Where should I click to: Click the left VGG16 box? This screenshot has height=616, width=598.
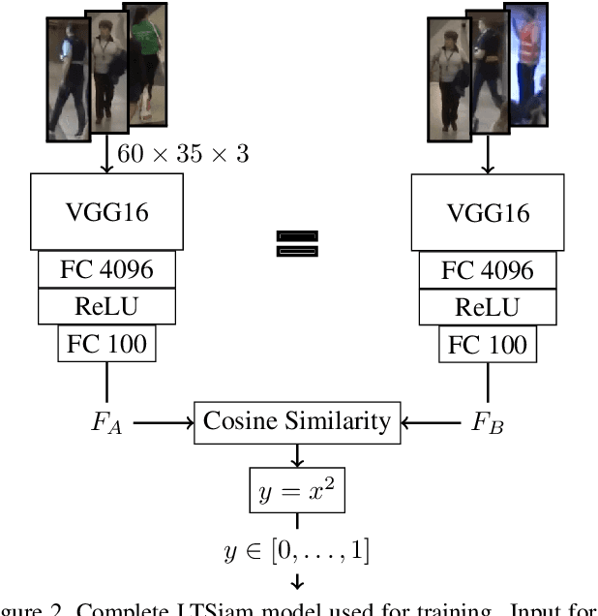pyautogui.click(x=106, y=211)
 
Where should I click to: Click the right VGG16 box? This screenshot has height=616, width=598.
pyautogui.click(x=487, y=211)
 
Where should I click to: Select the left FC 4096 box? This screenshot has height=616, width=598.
pyautogui.click(x=106, y=268)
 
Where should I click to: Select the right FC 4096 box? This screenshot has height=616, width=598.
pyautogui.click(x=487, y=268)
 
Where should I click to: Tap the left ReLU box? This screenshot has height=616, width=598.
pyautogui.click(x=106, y=307)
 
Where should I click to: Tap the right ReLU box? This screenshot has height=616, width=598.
pyautogui.click(x=487, y=307)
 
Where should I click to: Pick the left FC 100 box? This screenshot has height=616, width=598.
pyautogui.click(x=106, y=344)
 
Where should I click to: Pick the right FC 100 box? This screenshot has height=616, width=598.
pyautogui.click(x=487, y=344)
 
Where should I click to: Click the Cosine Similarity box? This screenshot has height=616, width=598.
pyautogui.click(x=297, y=421)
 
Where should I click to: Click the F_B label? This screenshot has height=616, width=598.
pyautogui.click(x=487, y=422)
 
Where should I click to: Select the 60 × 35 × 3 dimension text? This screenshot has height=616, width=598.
pyautogui.click(x=183, y=153)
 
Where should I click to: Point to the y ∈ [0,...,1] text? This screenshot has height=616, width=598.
pyautogui.click(x=297, y=551)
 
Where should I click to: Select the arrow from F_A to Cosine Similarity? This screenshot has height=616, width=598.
pyautogui.click(x=162, y=422)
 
